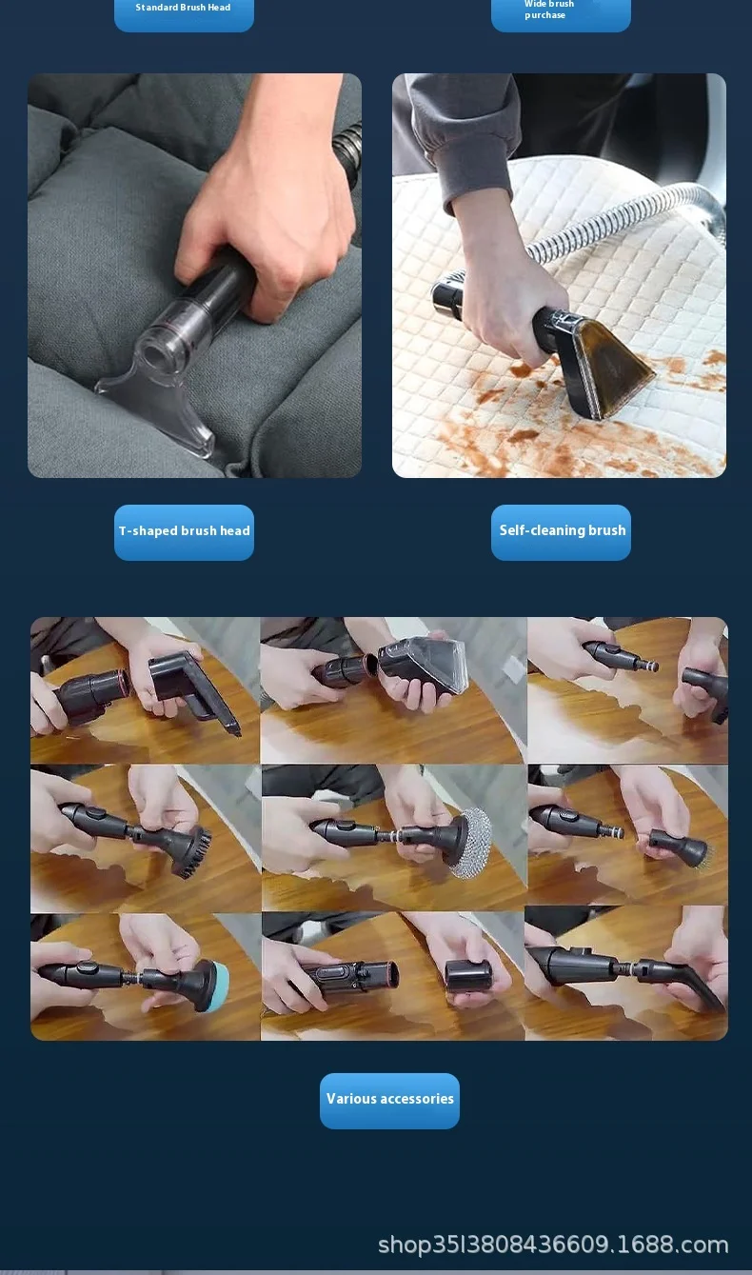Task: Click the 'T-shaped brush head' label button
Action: pos(184,532)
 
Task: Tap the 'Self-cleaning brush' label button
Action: pos(561,532)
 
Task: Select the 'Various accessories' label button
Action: pos(389,1101)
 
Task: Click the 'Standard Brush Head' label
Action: pos(183,8)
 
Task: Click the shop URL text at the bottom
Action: pos(553,1245)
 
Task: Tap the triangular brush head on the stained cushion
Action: pos(603,365)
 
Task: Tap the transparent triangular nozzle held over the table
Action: pos(424,663)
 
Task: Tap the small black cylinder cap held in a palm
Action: pos(467,976)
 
